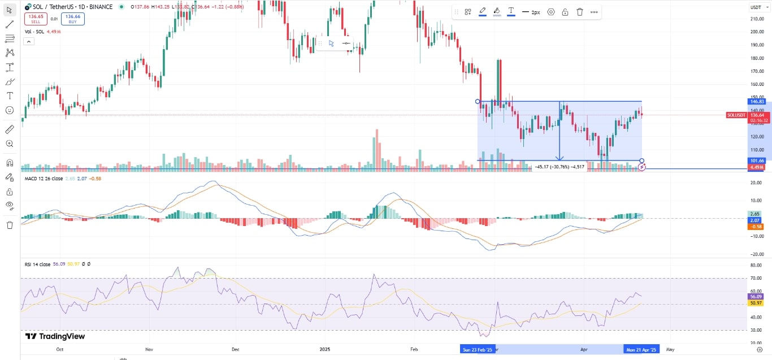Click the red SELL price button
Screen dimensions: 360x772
(x=35, y=19)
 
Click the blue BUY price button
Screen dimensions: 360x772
(x=73, y=19)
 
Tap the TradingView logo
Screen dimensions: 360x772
(x=55, y=336)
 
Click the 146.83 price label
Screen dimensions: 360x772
(x=757, y=101)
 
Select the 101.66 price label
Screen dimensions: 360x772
(x=757, y=161)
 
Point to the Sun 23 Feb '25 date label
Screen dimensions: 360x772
(x=478, y=350)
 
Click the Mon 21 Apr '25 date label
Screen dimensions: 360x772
(x=641, y=350)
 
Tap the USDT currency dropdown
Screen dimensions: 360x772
(x=756, y=7)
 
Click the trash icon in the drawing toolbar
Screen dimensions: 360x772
(x=580, y=12)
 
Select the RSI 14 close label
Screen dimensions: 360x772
(x=37, y=264)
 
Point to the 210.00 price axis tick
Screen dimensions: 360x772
(x=757, y=19)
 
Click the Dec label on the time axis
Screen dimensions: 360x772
(x=236, y=350)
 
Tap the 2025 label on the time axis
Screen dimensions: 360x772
(x=324, y=350)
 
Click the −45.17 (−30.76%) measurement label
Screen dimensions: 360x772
(x=560, y=167)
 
